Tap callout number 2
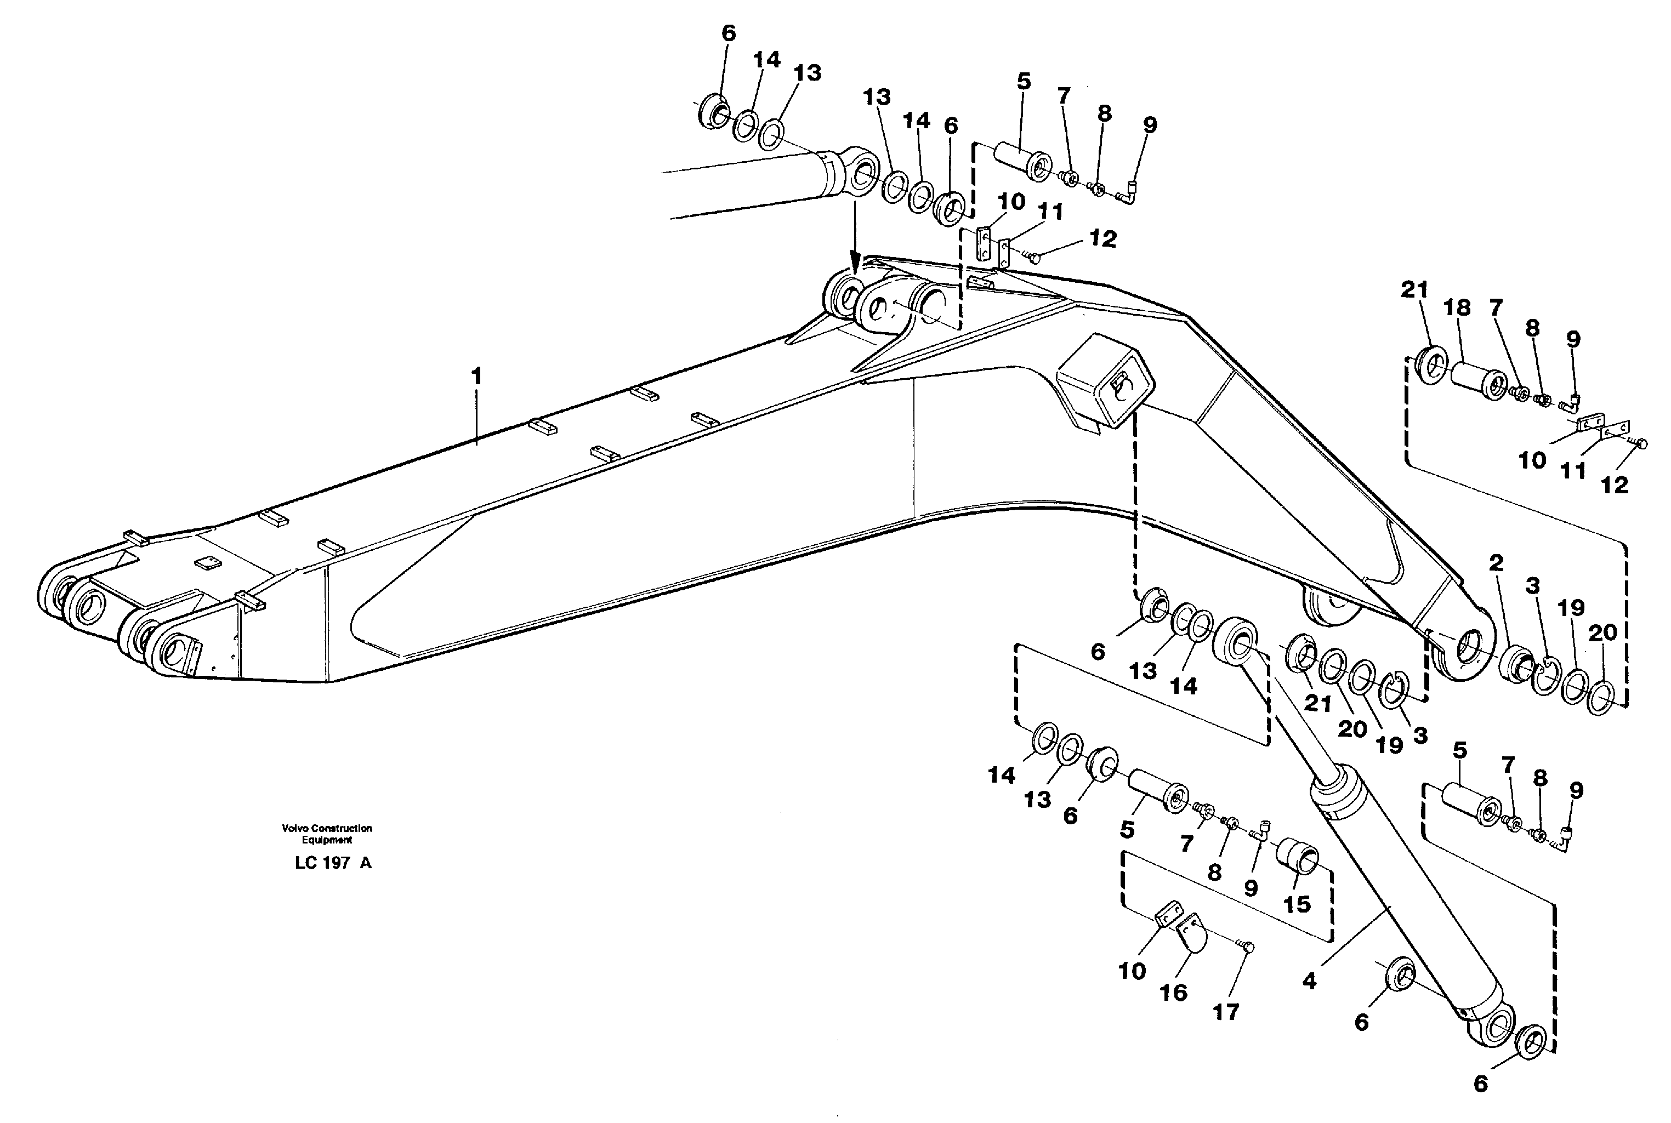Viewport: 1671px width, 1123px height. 1496,563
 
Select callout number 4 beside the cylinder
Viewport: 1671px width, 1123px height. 1309,981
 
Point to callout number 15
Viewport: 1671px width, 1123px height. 1297,904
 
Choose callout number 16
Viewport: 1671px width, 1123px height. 1173,992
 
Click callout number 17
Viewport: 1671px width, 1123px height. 1225,1012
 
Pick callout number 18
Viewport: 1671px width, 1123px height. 1457,308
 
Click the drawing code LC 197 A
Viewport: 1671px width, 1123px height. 333,863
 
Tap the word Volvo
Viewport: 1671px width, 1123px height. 294,828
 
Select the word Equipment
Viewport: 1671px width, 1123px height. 327,840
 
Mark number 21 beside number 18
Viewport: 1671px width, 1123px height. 1414,290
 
